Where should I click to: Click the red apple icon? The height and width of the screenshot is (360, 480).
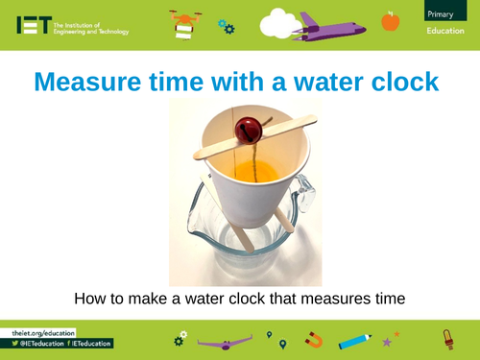390,20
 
